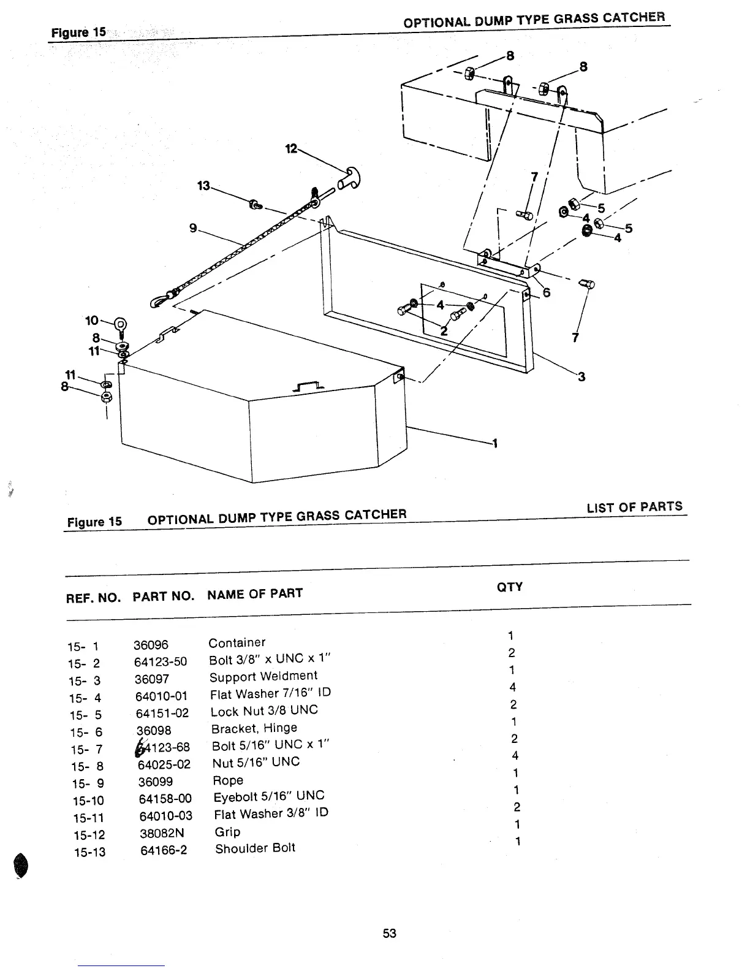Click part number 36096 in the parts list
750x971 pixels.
tap(151, 645)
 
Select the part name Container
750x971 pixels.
tap(237, 642)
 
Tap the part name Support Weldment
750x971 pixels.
tap(263, 676)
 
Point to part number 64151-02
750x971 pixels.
tap(162, 714)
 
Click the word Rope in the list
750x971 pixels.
tap(227, 780)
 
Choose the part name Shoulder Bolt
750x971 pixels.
tap(255, 848)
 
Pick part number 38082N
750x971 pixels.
tap(161, 833)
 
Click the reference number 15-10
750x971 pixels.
tap(88, 801)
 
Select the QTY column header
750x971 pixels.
tap(509, 587)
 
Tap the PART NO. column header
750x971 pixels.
tap(163, 596)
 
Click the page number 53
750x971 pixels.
tap(390, 933)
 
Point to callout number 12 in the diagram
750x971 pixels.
tap(291, 148)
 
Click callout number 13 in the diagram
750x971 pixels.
tap(203, 185)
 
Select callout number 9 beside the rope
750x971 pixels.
tap(193, 228)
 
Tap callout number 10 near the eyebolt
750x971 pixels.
tap(91, 321)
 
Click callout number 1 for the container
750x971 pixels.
tap(494, 444)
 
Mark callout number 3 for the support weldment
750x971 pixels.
tap(581, 376)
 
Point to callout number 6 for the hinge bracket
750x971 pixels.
tap(547, 292)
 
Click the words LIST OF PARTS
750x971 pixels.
tap(634, 507)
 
